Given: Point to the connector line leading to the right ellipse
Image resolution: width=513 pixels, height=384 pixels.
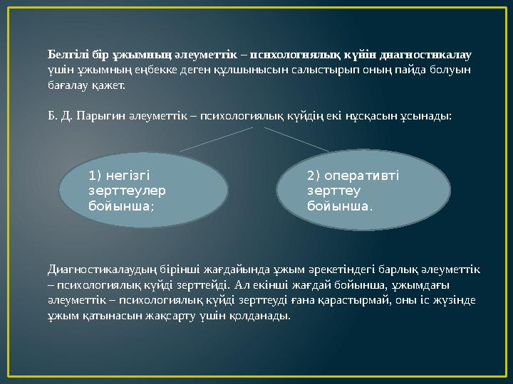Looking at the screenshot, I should [x=296, y=139].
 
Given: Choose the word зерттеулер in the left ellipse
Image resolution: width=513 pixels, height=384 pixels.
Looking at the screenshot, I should [x=126, y=191].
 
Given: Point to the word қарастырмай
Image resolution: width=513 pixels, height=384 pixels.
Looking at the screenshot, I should [x=353, y=300].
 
